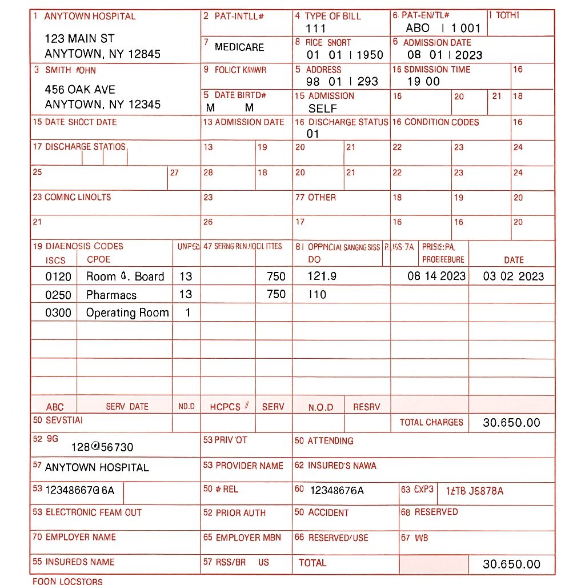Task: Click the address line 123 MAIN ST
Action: pyautogui.click(x=79, y=39)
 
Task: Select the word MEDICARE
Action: pyautogui.click(x=239, y=47)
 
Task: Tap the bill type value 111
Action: pyautogui.click(x=315, y=28)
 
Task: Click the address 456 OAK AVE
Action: pyautogui.click(x=80, y=90)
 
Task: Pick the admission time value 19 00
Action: pyautogui.click(x=423, y=81)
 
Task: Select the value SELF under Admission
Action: pyautogui.click(x=323, y=108)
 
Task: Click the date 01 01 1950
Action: pyautogui.click(x=344, y=55)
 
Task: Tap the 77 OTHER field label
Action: pyautogui.click(x=315, y=198)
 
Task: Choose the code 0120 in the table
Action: pyautogui.click(x=58, y=277)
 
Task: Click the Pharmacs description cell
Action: pyautogui.click(x=111, y=295)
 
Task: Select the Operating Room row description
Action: pyautogui.click(x=127, y=312)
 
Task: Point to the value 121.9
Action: pyautogui.click(x=322, y=277)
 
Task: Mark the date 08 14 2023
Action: pyautogui.click(x=436, y=277)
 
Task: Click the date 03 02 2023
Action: pyautogui.click(x=514, y=277)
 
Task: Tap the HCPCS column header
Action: pyautogui.click(x=225, y=407)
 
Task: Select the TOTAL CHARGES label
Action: pyautogui.click(x=431, y=422)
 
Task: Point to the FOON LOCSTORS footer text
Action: pyautogui.click(x=67, y=581)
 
